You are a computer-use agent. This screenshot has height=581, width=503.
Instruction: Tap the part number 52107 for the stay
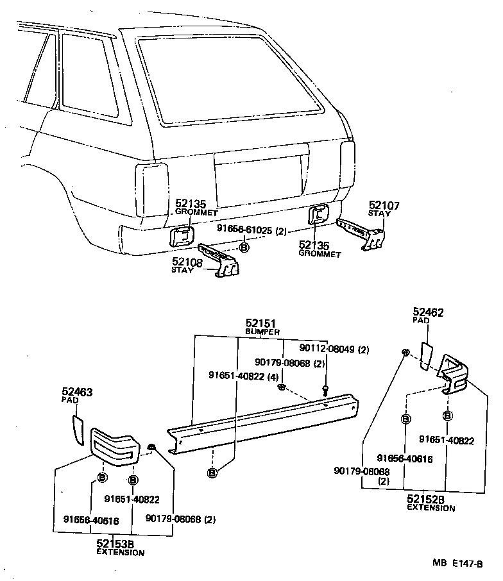pos(384,206)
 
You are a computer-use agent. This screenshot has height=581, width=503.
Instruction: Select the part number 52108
pos(187,261)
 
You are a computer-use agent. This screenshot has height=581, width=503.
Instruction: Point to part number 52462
pos(429,313)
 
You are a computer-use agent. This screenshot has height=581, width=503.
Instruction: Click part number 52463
pos(77,391)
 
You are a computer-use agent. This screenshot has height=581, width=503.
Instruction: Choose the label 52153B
pos(115,544)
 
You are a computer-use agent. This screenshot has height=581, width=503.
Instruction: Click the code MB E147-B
pos(457,563)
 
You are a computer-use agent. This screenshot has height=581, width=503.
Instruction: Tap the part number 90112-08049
pos(325,349)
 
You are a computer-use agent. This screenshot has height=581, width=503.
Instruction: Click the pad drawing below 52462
pos(427,356)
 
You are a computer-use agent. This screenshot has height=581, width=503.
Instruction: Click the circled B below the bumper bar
pos(212,473)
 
